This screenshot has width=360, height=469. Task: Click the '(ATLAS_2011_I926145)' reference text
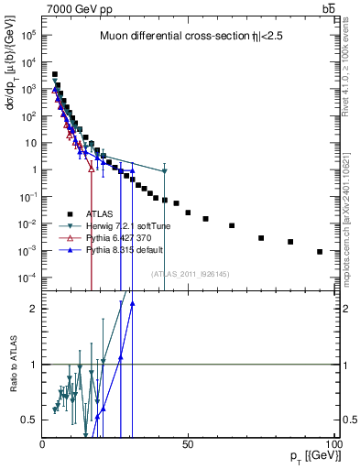191,272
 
